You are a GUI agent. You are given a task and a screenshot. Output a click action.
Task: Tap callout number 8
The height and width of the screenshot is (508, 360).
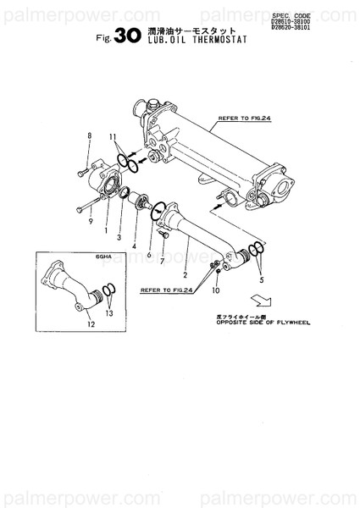[x=88, y=136]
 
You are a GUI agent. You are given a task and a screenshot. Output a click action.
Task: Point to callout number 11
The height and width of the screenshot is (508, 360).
[x=114, y=136]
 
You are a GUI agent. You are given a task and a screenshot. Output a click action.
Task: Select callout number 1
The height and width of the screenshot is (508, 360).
[x=105, y=229]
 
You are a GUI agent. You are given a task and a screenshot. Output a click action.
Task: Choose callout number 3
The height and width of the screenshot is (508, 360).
[x=119, y=239]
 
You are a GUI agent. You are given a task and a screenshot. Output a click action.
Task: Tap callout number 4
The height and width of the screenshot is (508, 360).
[x=133, y=246]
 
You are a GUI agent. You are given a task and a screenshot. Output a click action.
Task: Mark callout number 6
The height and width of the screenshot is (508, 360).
[x=148, y=254]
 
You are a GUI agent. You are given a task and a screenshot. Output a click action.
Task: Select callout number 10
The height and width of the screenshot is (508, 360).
[x=216, y=290]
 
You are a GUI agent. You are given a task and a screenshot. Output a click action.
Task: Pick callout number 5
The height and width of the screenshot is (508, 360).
[x=261, y=278]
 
